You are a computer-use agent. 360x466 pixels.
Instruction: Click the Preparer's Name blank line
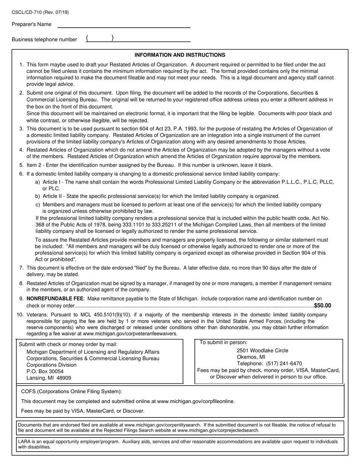[x=124, y=25]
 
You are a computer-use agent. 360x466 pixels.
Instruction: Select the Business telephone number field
[x=138, y=39]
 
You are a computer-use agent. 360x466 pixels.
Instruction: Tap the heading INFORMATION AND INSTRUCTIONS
[x=180, y=55]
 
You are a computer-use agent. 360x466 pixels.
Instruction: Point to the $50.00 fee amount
[x=322, y=306]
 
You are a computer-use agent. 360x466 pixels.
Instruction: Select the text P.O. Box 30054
[x=45, y=371]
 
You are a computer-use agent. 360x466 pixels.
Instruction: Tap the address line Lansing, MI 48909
[x=49, y=378]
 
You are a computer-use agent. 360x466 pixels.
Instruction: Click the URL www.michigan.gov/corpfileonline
[x=196, y=401]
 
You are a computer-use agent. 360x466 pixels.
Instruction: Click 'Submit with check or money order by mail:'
[x=68, y=344]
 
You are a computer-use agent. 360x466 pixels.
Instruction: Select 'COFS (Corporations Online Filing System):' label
[x=72, y=392]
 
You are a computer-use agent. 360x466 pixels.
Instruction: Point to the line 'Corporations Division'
[x=52, y=365]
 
